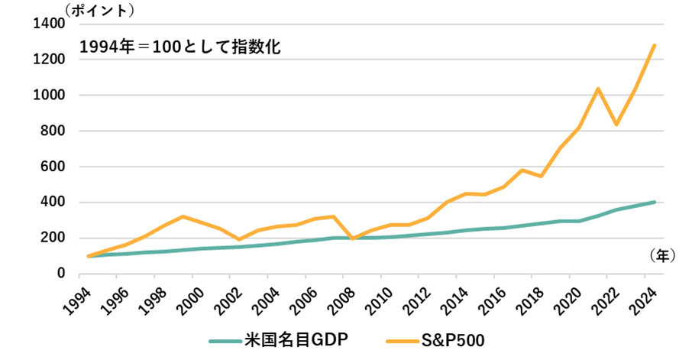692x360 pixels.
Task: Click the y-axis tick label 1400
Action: pos(49,24)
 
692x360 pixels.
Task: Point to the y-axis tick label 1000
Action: pos(49,96)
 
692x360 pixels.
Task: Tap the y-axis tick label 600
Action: pos(53,167)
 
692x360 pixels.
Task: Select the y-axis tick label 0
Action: pos(60,274)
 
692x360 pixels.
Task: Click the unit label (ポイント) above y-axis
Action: pos(100,10)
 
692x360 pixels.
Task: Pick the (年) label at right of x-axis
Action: pos(660,255)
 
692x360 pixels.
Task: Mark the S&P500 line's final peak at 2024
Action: pos(655,45)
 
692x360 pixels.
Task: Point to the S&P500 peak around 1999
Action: pos(183,216)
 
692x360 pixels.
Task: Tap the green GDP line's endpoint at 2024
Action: pos(655,202)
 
